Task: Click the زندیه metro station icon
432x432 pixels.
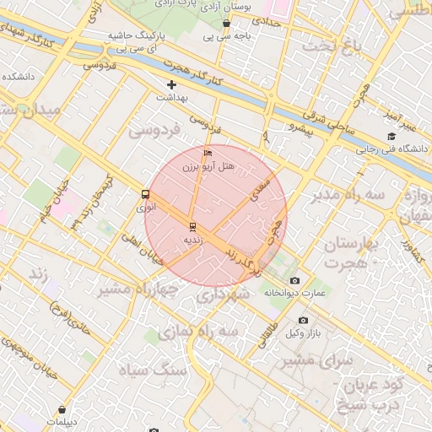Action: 192,226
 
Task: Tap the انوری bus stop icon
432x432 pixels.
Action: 146,193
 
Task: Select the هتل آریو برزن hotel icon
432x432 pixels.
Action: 208,153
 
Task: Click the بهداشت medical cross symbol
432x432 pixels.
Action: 172,84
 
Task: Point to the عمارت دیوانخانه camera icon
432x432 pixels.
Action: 294,280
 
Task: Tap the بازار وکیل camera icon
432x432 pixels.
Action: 304,321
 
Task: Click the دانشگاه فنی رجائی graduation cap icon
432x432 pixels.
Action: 391,137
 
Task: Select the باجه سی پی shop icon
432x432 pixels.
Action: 227,24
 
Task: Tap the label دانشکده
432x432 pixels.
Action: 18,76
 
